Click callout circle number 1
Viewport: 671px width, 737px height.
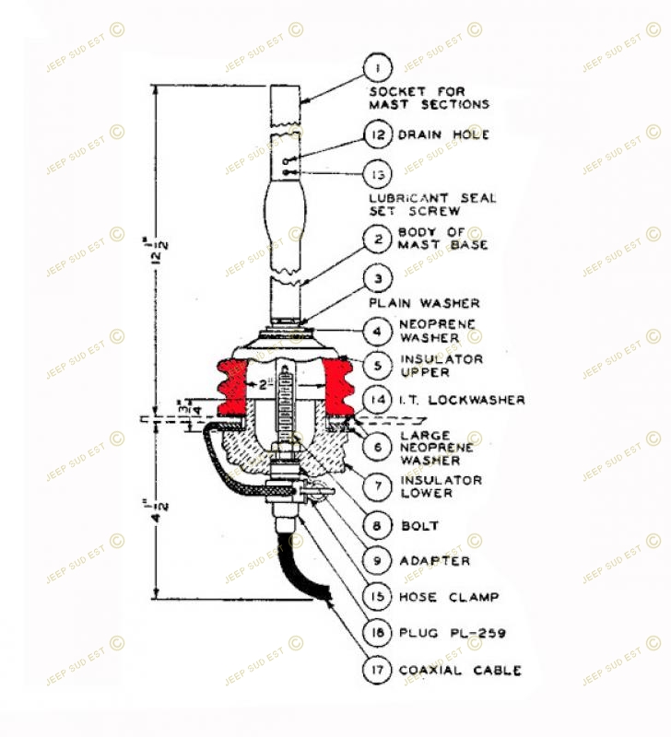(x=378, y=67)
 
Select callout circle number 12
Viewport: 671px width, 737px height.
(x=378, y=135)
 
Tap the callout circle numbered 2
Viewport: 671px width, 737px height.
(x=378, y=239)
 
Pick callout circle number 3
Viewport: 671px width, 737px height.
(x=378, y=277)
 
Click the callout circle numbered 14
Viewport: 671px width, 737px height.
(x=378, y=399)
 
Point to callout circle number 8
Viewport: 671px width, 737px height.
(x=378, y=526)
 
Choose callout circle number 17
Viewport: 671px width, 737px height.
(x=378, y=669)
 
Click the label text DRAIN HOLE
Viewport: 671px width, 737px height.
(x=443, y=135)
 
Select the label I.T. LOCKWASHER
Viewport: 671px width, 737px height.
(x=461, y=400)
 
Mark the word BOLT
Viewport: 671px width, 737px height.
(x=418, y=527)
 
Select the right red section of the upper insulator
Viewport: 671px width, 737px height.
(x=339, y=387)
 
